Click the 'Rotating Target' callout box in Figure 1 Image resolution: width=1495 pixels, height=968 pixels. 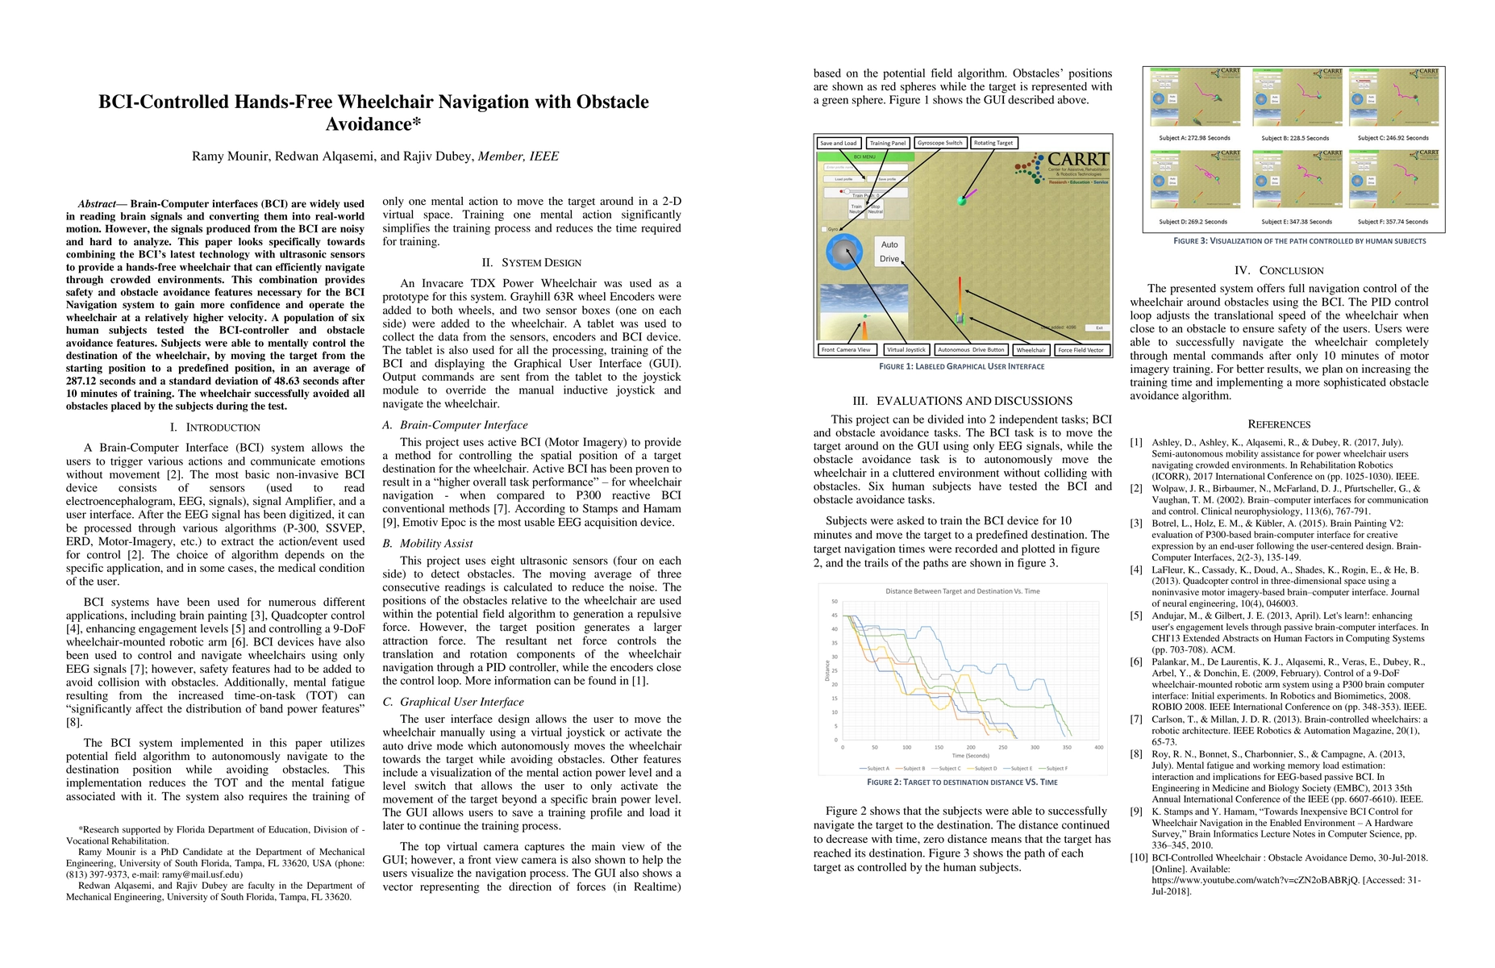coord(993,143)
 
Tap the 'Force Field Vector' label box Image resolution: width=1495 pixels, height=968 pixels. coord(1082,350)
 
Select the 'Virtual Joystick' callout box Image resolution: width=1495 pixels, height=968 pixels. coord(906,350)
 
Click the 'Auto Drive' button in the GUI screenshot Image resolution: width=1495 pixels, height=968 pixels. coord(889,252)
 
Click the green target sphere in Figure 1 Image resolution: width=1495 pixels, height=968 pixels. coord(961,200)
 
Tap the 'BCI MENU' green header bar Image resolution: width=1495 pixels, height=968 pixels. coord(864,156)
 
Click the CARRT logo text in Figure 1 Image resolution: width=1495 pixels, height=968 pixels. coord(1077,160)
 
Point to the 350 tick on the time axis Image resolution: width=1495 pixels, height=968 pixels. coord(1067,747)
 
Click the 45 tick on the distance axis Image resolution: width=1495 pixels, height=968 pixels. coord(835,615)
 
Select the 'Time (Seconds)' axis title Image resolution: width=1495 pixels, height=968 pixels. coord(970,756)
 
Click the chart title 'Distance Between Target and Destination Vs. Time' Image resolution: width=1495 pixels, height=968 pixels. coord(962,591)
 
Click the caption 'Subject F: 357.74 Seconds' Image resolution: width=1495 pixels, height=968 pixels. coord(1392,222)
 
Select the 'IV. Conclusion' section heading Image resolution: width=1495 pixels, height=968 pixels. coord(1279,271)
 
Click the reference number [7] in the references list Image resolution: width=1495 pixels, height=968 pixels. coord(1136,720)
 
